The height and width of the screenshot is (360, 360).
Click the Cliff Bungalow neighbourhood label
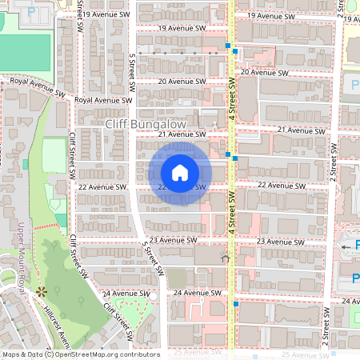(x=146, y=125)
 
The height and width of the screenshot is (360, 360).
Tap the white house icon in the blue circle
(x=180, y=172)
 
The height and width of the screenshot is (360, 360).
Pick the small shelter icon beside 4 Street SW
(x=225, y=258)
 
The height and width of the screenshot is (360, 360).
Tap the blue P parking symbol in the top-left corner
(x=30, y=12)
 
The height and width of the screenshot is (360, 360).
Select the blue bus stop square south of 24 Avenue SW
(x=236, y=304)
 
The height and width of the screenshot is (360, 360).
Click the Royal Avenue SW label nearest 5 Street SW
(x=103, y=101)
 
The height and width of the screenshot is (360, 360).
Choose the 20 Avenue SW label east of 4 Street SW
(x=262, y=72)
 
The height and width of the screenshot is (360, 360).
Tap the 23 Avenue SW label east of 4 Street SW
(x=281, y=241)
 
